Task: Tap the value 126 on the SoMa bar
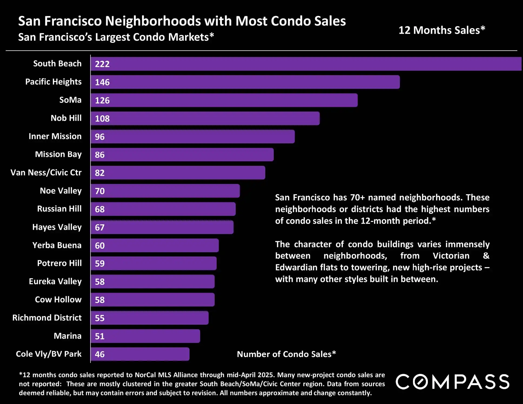(x=102, y=100)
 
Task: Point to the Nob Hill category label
(x=66, y=118)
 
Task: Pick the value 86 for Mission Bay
(x=100, y=155)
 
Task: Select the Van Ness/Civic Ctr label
(x=46, y=173)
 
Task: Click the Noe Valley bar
(x=165, y=191)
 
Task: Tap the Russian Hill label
(x=59, y=209)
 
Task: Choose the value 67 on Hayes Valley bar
(x=100, y=227)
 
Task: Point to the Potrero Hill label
(x=59, y=263)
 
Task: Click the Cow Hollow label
(x=58, y=299)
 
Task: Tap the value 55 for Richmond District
(x=100, y=318)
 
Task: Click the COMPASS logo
(x=452, y=382)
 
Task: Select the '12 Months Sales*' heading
(x=442, y=30)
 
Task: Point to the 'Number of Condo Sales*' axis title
(x=286, y=354)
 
